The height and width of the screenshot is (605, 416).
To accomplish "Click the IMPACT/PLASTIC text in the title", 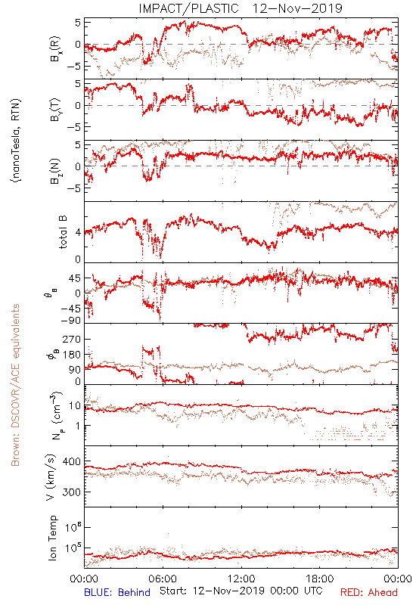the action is click(188, 8).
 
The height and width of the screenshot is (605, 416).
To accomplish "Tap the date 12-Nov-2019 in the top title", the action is click(297, 8).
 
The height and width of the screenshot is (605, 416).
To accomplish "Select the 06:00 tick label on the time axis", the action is click(163, 579).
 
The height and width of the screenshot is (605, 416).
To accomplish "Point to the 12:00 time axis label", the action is click(241, 579).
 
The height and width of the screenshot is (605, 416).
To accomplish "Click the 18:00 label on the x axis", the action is click(320, 579).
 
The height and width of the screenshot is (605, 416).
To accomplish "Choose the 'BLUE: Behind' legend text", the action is click(117, 592).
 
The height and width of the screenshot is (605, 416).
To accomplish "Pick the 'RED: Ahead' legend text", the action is click(368, 592).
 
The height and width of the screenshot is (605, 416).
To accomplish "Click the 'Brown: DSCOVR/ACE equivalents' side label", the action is click(15, 385).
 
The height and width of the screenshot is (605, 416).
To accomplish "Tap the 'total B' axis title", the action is click(63, 232).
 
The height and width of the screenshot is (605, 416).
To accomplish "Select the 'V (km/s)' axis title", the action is click(51, 477).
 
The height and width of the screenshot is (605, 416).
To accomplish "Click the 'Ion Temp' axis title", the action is click(52, 538).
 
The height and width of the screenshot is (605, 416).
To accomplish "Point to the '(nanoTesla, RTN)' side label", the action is click(16, 141).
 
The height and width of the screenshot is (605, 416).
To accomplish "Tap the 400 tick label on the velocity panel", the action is click(72, 461).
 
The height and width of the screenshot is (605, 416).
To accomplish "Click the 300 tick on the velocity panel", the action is click(72, 492).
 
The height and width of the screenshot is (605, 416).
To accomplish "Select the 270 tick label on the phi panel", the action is click(72, 339).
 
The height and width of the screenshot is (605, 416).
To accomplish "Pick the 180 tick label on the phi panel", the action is click(72, 355).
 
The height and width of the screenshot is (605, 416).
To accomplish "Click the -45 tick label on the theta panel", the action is click(70, 309).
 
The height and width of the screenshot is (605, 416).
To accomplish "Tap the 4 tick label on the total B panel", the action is click(79, 232).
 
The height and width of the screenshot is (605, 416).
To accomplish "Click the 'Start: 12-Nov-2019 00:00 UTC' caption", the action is click(241, 591).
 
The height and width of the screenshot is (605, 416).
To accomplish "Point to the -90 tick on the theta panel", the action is click(70, 321).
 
